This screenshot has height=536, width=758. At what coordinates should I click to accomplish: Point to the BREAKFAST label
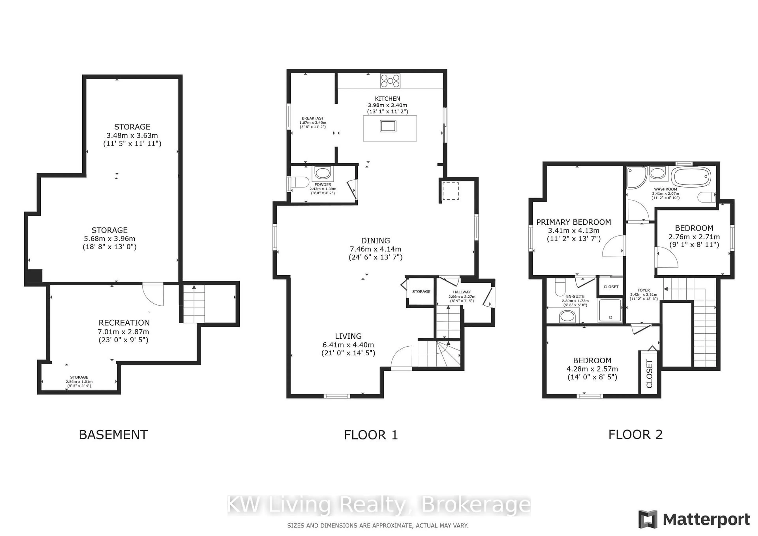point(313,118)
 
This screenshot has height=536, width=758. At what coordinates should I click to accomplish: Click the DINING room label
point(375,241)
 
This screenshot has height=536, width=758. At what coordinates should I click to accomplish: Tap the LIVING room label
point(348,336)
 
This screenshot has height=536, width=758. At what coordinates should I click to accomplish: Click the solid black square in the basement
point(35,276)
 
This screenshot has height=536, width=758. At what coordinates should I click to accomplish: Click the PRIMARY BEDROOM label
point(573,222)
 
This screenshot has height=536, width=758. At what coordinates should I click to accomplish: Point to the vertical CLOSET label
point(649,374)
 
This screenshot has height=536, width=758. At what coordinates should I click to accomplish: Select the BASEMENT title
point(113,435)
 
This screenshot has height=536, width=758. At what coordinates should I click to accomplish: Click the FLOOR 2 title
point(636,435)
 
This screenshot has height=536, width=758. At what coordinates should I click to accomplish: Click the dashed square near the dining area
point(451,191)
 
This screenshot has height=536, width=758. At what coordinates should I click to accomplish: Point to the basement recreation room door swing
point(153,294)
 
